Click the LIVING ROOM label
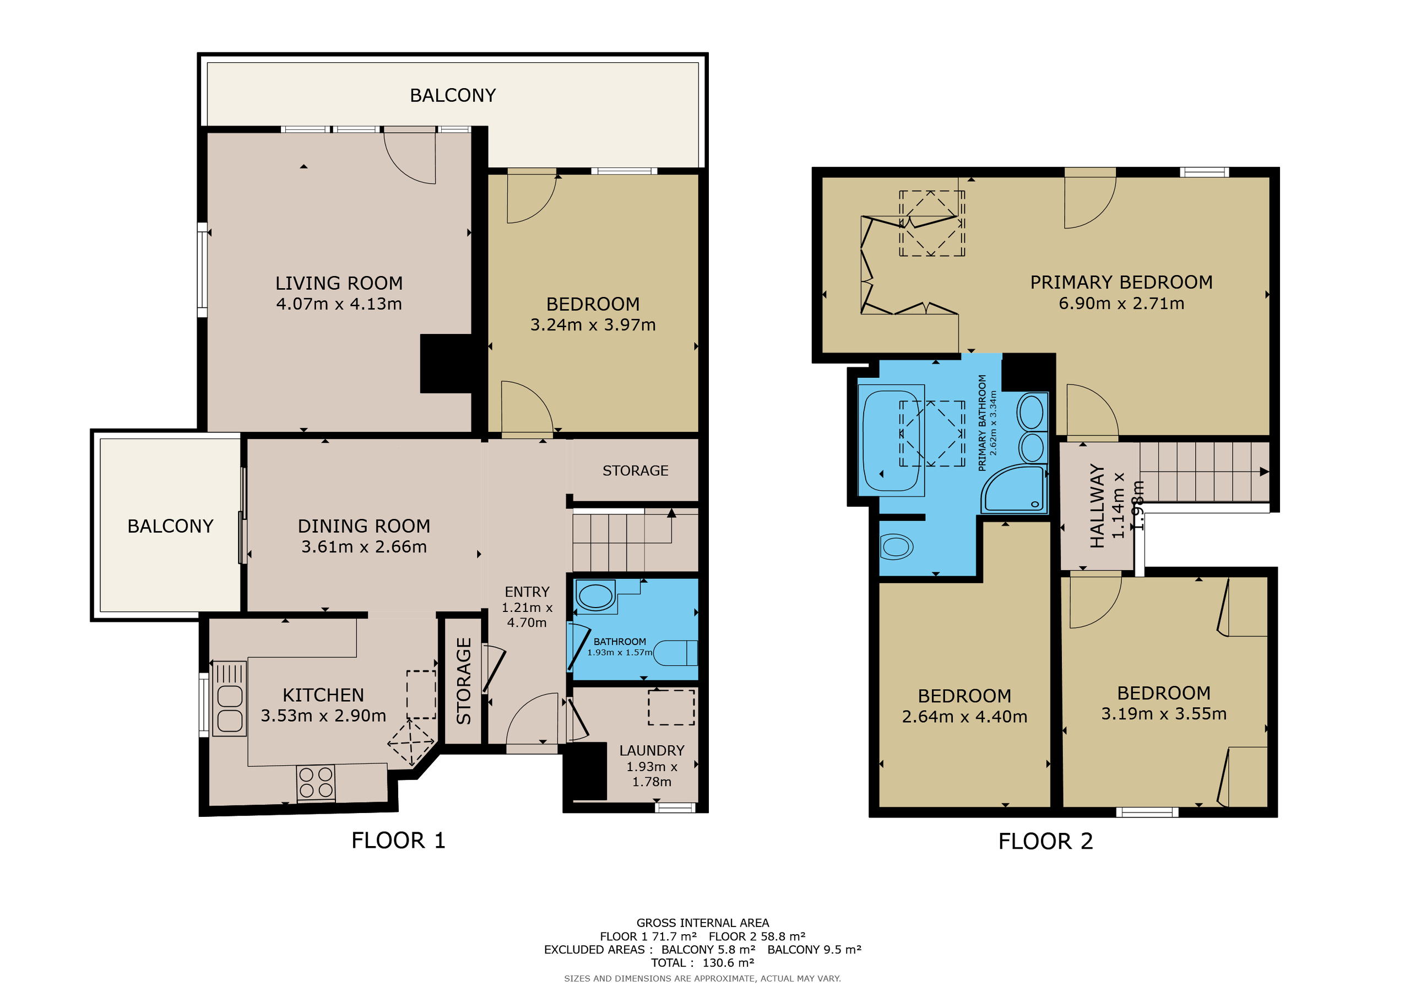[339, 283]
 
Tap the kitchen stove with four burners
[316, 783]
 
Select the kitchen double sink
[230, 698]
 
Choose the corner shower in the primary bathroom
[1015, 489]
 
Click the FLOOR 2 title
[1046, 841]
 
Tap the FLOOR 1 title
[399, 841]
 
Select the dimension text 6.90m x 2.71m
[1121, 304]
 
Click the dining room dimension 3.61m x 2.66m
[364, 547]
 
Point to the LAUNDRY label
[652, 751]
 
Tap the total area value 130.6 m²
[728, 963]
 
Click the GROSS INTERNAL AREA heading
[703, 923]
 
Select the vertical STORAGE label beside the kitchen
[464, 681]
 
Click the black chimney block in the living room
[447, 363]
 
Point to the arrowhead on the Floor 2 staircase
[1264, 472]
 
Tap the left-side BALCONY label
[170, 527]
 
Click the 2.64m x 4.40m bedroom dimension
[964, 717]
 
